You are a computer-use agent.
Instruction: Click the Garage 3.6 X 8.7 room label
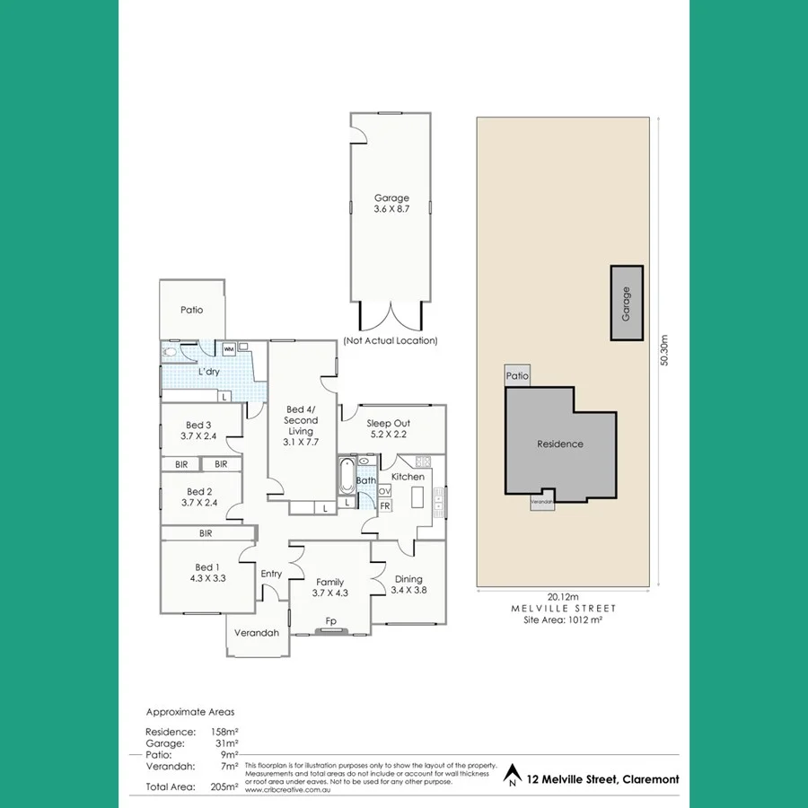click(x=391, y=204)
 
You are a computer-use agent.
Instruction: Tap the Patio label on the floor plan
click(x=191, y=310)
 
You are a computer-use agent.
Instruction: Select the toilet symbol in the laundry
click(x=171, y=353)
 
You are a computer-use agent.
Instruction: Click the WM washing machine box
click(x=228, y=349)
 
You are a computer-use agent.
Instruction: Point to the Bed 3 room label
click(x=198, y=430)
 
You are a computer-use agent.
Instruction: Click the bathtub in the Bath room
click(x=346, y=476)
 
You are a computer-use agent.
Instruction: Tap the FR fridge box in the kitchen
click(x=384, y=506)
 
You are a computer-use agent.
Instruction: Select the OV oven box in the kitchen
click(x=384, y=491)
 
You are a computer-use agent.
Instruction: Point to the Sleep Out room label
click(x=389, y=427)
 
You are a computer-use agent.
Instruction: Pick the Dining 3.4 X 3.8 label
click(x=408, y=584)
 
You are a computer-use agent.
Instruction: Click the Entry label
click(x=271, y=574)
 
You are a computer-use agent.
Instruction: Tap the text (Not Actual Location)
click(x=391, y=341)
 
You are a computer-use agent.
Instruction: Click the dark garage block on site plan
click(x=627, y=303)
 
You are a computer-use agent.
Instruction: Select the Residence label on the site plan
click(x=560, y=444)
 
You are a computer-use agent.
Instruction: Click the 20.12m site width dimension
click(x=563, y=596)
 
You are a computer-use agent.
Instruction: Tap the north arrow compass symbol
click(x=512, y=773)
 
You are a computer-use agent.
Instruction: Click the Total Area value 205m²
click(x=224, y=786)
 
